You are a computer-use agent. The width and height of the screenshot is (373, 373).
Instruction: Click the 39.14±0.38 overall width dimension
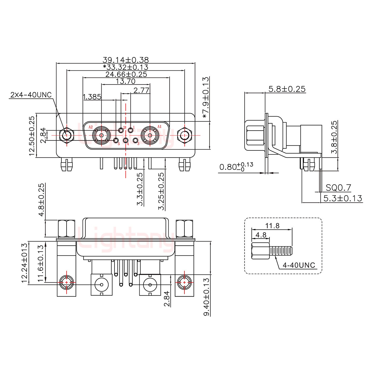(126, 60)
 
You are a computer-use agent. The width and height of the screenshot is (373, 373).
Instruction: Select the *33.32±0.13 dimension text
(126, 67)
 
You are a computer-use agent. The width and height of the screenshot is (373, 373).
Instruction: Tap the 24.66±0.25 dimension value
(126, 75)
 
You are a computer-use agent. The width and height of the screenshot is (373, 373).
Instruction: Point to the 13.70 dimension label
(126, 82)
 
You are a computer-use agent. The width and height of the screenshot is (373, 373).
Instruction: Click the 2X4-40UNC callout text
(31, 95)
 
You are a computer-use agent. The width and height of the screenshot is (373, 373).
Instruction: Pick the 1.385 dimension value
(92, 97)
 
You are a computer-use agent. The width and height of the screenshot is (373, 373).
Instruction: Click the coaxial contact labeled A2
(102, 135)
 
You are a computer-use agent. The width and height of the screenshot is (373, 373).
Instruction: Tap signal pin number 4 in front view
(126, 141)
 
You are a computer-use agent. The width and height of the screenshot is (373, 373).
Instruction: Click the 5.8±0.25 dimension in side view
(287, 89)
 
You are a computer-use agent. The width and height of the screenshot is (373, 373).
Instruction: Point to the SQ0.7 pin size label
(338, 188)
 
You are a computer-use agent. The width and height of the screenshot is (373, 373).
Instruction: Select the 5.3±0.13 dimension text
(342, 198)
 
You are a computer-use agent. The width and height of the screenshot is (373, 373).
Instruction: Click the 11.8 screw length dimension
(272, 226)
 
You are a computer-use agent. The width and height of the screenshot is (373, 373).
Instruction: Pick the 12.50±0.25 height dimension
(32, 136)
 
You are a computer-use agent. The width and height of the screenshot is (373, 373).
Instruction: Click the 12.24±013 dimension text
(25, 263)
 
